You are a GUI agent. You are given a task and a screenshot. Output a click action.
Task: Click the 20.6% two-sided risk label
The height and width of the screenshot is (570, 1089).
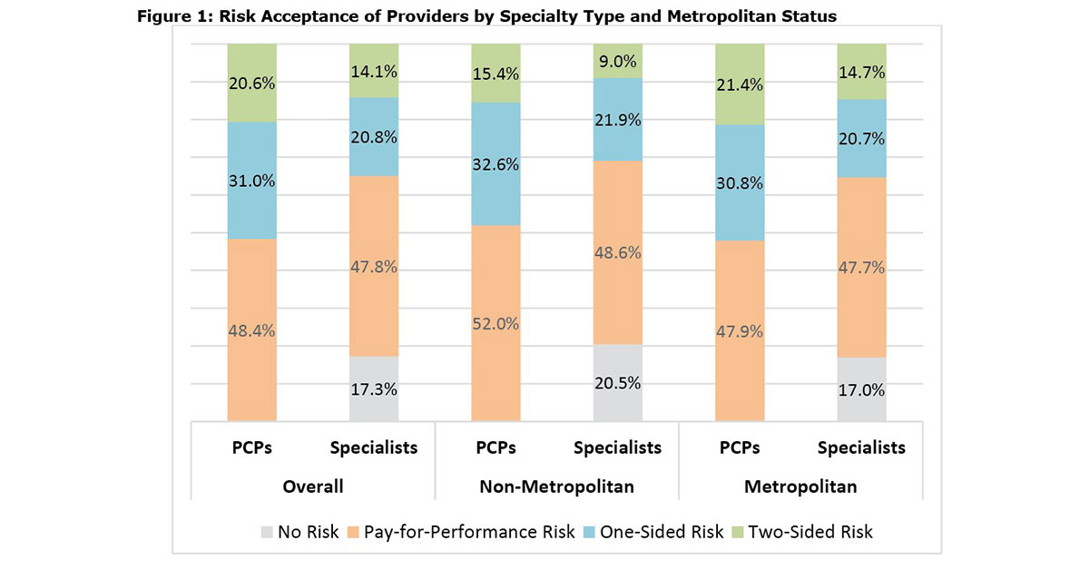(251, 83)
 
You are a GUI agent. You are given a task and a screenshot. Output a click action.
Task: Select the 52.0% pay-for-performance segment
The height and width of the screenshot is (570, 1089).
(495, 323)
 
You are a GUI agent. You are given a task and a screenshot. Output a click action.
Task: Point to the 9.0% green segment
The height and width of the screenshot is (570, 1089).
(617, 61)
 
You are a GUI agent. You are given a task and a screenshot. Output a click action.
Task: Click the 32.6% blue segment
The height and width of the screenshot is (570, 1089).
(495, 163)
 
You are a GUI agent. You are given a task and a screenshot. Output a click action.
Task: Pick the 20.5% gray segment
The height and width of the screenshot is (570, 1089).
(617, 382)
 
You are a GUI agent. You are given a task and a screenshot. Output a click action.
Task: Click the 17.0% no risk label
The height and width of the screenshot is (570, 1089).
(861, 390)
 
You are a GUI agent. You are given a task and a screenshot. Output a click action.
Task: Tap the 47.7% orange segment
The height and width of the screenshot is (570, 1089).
(861, 267)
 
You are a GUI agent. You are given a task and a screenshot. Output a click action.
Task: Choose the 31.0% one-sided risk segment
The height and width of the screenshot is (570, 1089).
(251, 181)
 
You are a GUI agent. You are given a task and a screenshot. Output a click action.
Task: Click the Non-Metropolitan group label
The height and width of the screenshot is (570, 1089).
(557, 486)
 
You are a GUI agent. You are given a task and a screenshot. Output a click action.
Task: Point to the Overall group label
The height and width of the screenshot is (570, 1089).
(312, 486)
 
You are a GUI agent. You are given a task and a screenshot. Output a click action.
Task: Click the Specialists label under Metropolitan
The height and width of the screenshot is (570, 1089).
(861, 447)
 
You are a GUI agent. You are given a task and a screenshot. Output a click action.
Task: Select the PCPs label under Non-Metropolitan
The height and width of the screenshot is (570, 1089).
(495, 447)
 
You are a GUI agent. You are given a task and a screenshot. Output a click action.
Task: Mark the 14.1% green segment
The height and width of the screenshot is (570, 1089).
(373, 70)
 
